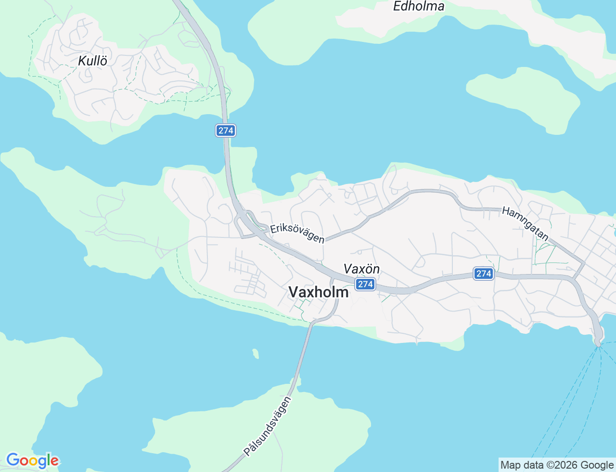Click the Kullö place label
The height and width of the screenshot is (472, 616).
pyautogui.click(x=92, y=61)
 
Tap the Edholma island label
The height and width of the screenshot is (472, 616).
pyautogui.click(x=419, y=6)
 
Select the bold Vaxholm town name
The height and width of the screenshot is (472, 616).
pyautogui.click(x=319, y=292)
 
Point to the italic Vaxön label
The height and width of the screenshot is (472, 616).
pyautogui.click(x=361, y=269)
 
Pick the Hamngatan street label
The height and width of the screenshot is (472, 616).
pyautogui.click(x=525, y=223)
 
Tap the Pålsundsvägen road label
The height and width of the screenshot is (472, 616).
pyautogui.click(x=268, y=426)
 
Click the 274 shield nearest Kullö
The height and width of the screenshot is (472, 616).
pyautogui.click(x=226, y=131)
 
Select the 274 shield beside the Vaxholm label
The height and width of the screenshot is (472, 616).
pyautogui.click(x=365, y=284)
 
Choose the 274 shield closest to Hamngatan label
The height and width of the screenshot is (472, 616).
pyautogui.click(x=483, y=274)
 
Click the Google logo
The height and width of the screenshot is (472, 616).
pyautogui.click(x=32, y=461)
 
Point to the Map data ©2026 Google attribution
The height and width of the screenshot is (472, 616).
pyautogui.click(x=557, y=465)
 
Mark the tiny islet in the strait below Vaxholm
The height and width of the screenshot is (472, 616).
pyautogui.click(x=256, y=354)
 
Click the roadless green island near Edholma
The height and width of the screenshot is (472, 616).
pyautogui.click(x=524, y=99)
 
